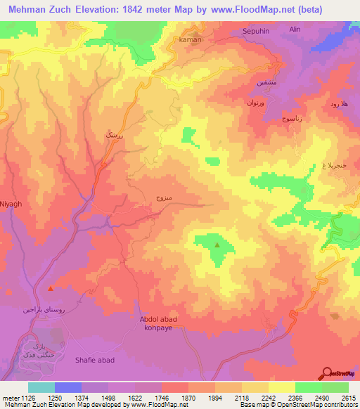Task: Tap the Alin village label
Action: pos(295,30)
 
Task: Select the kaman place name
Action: pos(191,39)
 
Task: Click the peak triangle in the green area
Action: pos(217,245)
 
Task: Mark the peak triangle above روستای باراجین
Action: pos(50,288)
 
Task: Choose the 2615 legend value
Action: pos(349,397)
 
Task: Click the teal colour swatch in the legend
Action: pos(41,387)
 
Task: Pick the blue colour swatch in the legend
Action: pos(68,387)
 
